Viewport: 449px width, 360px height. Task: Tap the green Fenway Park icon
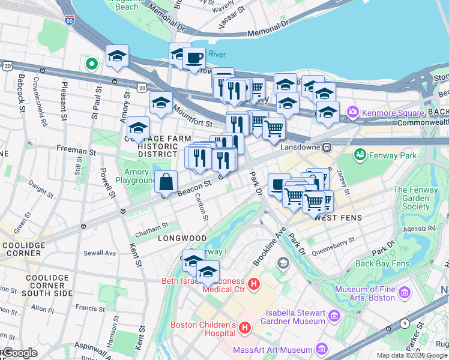(360, 155)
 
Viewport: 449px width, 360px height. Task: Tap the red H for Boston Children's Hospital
(244, 328)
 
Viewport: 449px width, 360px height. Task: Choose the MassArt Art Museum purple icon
(322, 349)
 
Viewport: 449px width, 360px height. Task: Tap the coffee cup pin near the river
(194, 58)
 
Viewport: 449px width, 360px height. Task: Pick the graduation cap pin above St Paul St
(117, 56)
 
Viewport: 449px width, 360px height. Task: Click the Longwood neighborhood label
(182, 238)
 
